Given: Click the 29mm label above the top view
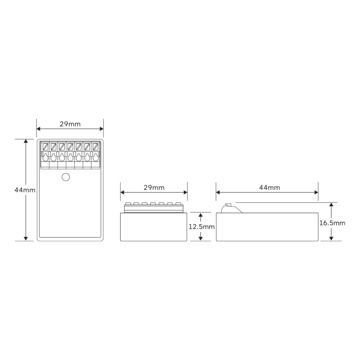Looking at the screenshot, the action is [x=70, y=124].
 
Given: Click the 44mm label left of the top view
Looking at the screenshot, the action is [x=25, y=190].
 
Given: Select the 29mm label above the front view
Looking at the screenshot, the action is [x=154, y=188].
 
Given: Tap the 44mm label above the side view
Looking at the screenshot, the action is [x=270, y=188].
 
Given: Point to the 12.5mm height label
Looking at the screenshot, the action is [x=202, y=227].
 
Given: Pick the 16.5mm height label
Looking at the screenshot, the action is [x=332, y=223].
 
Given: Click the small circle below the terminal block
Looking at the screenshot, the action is [x=66, y=177].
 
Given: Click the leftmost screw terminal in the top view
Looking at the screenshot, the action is [x=45, y=147].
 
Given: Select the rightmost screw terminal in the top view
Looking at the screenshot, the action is [x=95, y=147].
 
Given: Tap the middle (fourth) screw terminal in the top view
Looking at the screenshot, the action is [x=70, y=147].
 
